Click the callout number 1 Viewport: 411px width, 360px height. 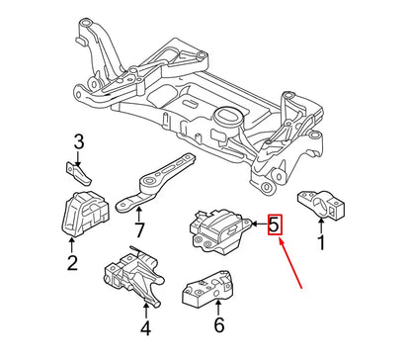click(x=320, y=240)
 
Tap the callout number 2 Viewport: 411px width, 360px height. click(x=71, y=262)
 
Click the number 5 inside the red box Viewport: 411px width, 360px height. click(x=275, y=225)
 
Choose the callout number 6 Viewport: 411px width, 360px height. click(x=219, y=322)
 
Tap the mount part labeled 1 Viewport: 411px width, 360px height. click(x=325, y=205)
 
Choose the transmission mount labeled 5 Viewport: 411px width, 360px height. click(x=215, y=226)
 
